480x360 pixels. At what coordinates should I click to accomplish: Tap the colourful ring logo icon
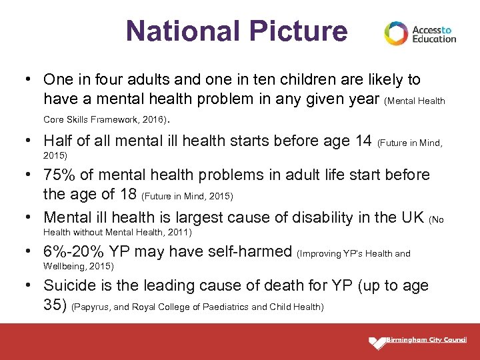(395, 33)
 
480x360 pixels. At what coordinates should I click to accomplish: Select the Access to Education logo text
(434, 34)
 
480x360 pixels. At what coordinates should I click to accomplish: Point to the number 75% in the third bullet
(59, 175)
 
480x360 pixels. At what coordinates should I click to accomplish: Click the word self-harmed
(252, 251)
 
